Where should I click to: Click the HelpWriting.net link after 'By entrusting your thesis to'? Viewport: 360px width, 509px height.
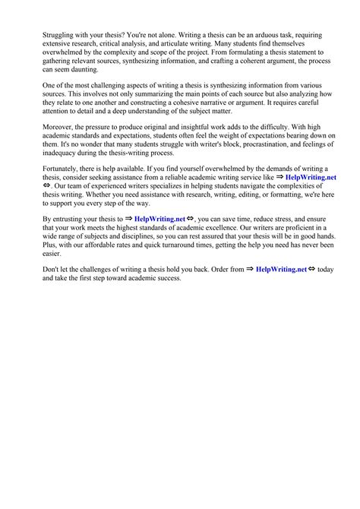point(160,219)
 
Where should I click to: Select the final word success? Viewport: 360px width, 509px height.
point(167,278)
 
